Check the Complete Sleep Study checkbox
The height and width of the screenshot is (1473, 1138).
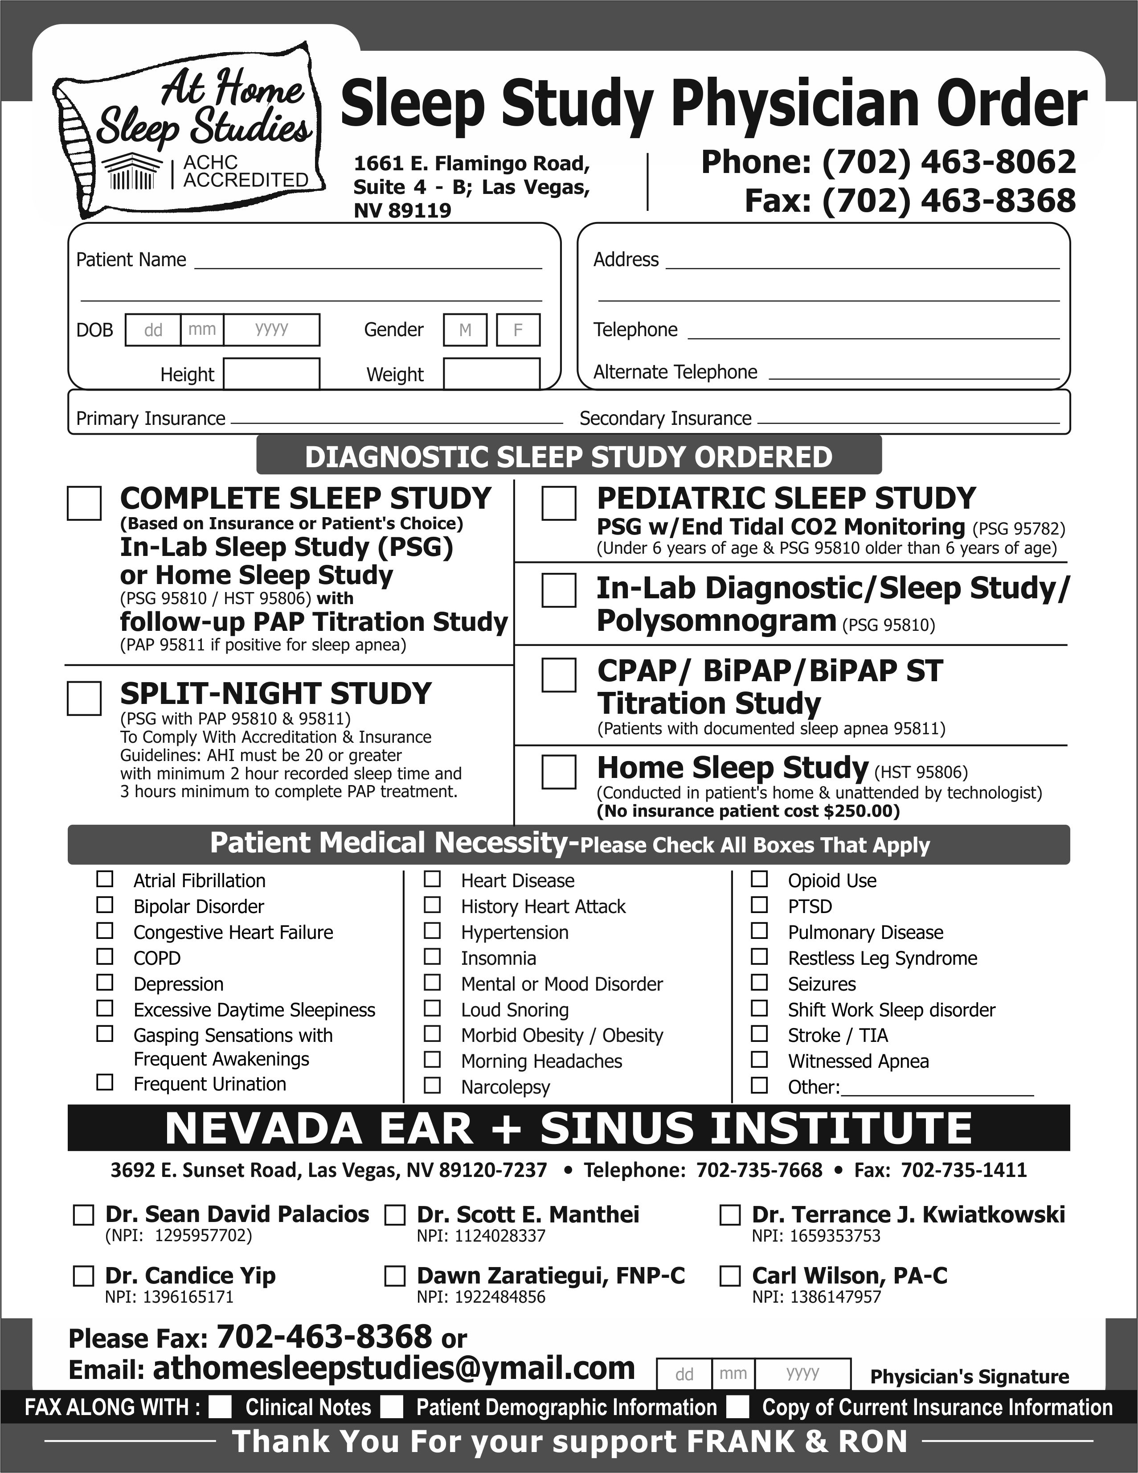84,503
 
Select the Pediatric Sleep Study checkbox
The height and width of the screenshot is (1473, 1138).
559,503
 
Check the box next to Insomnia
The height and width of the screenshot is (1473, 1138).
432,956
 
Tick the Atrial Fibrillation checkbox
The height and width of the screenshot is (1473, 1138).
105,879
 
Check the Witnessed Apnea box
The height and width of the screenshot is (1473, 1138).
759,1060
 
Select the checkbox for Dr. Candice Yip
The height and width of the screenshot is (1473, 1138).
83,1276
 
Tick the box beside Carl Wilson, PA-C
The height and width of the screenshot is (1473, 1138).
730,1276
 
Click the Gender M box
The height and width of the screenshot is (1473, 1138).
465,330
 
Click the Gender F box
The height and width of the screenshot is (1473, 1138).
518,330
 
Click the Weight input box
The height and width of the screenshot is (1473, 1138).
491,374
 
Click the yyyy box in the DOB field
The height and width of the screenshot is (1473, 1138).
272,330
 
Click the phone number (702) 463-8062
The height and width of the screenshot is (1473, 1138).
949,162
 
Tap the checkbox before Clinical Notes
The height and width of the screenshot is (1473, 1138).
220,1407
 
